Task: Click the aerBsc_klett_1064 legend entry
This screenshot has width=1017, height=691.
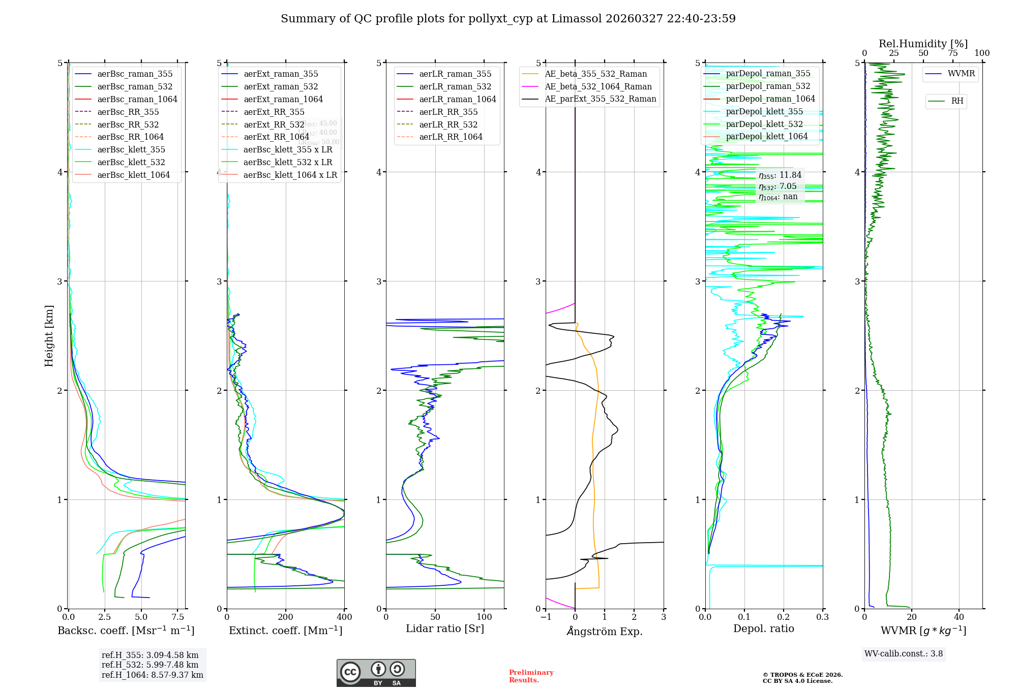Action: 133,175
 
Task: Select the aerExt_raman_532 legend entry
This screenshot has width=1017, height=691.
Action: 280,86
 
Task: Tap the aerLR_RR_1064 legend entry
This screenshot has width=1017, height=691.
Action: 451,137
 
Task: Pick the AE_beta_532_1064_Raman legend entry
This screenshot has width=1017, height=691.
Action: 598,86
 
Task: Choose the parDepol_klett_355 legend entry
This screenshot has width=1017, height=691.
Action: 764,111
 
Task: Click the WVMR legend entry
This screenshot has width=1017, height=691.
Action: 961,74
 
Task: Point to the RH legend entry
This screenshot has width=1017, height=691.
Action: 957,101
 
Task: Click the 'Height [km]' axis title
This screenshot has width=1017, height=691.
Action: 49,336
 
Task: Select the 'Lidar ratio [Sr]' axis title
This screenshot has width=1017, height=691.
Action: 445,629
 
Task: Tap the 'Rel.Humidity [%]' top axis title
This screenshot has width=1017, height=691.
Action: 923,44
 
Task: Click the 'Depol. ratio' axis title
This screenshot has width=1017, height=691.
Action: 763,629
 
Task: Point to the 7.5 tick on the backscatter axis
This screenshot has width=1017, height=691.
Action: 177,617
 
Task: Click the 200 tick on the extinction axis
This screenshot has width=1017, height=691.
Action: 286,617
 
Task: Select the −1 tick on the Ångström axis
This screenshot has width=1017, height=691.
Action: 546,617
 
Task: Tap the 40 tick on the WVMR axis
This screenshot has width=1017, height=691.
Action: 959,617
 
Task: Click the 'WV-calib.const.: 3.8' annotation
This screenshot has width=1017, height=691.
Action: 904,653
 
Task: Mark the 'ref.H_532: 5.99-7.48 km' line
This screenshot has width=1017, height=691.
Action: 150,665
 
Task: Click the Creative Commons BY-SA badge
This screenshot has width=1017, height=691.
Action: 376,673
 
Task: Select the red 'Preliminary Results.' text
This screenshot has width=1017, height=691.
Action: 531,676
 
